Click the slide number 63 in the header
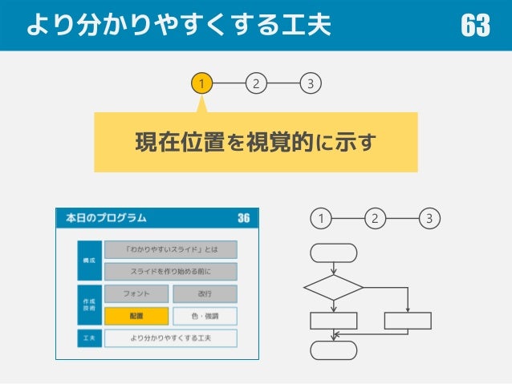(475, 26)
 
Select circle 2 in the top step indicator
(255, 83)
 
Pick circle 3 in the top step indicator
(311, 83)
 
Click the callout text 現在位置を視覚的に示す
(255, 143)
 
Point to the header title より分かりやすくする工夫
(178, 26)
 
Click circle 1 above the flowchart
(321, 218)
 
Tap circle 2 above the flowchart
(376, 218)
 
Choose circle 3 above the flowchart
(430, 218)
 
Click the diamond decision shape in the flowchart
(334, 287)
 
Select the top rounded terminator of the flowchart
(334, 253)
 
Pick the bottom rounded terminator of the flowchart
(334, 350)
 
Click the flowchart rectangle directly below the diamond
(334, 321)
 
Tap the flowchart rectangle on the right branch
(408, 321)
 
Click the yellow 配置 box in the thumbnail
(136, 316)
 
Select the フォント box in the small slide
(136, 293)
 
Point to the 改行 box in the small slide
(205, 293)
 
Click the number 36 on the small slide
(243, 218)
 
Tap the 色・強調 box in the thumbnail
(205, 316)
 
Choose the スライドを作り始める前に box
(170, 271)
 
